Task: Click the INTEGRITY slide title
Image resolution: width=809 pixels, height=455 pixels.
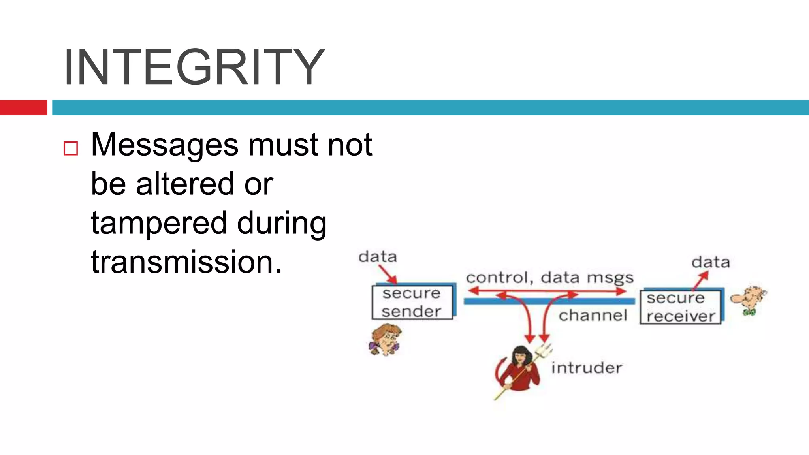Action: coord(194,66)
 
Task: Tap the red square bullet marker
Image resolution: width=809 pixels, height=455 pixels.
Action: coord(71,149)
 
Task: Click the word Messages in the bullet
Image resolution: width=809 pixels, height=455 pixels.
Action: coord(164,145)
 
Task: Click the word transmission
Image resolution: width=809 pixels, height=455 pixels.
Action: coord(186,262)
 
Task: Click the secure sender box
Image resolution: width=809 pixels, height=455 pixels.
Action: coord(412,303)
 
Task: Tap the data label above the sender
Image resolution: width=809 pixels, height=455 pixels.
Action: coord(377,257)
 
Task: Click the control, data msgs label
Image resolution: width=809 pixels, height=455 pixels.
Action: coord(549,278)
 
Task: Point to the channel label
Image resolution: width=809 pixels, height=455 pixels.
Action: coord(593,316)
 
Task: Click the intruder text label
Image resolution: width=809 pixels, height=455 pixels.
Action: coord(587,368)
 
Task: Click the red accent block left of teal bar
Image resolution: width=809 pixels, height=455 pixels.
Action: coord(23,107)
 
